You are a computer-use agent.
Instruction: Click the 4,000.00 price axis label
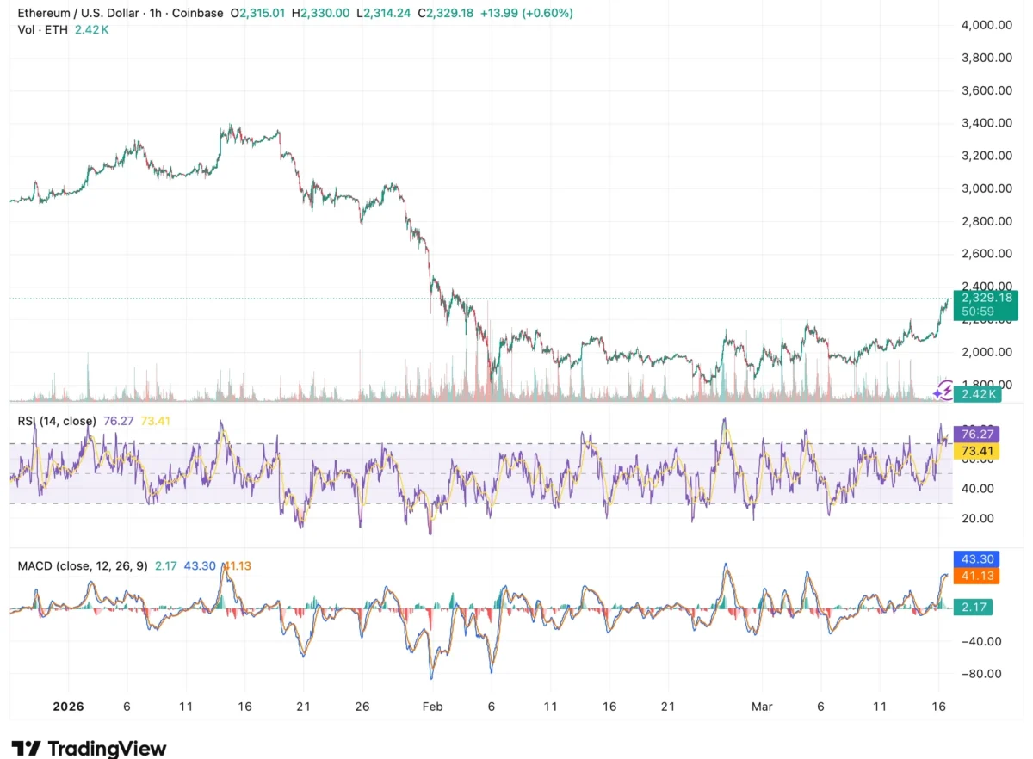point(987,26)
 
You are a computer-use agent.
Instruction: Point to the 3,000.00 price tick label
point(987,188)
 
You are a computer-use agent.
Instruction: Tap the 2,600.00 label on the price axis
point(987,254)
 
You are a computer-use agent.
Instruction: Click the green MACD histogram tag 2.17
point(974,608)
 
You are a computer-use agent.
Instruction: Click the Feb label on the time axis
point(432,707)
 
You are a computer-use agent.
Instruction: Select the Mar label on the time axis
point(762,707)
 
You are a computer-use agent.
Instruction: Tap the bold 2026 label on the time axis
point(68,707)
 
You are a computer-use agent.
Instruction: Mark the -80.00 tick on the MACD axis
point(980,674)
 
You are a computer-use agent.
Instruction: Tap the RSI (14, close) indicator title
point(57,421)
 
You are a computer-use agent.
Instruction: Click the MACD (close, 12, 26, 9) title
point(83,565)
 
